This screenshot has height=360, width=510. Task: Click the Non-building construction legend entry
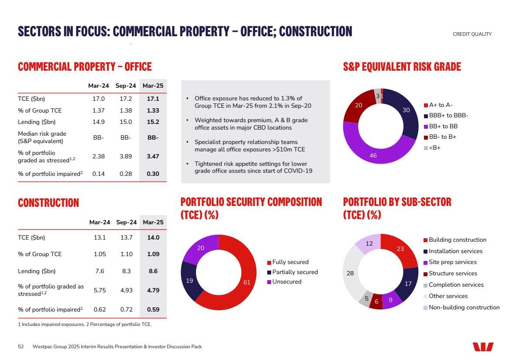tap(464, 308)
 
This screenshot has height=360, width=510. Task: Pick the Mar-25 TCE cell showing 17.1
tap(153, 99)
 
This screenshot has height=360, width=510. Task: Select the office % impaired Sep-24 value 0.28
tap(126, 174)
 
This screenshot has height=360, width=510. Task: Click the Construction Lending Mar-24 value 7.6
tap(100, 271)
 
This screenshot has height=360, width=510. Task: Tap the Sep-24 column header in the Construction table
tap(127, 223)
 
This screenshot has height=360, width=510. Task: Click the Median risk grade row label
tap(42, 137)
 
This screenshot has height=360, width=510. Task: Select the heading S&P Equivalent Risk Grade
tap(402, 67)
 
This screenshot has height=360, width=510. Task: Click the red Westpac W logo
tap(483, 347)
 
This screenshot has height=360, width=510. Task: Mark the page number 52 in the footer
tap(21, 347)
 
